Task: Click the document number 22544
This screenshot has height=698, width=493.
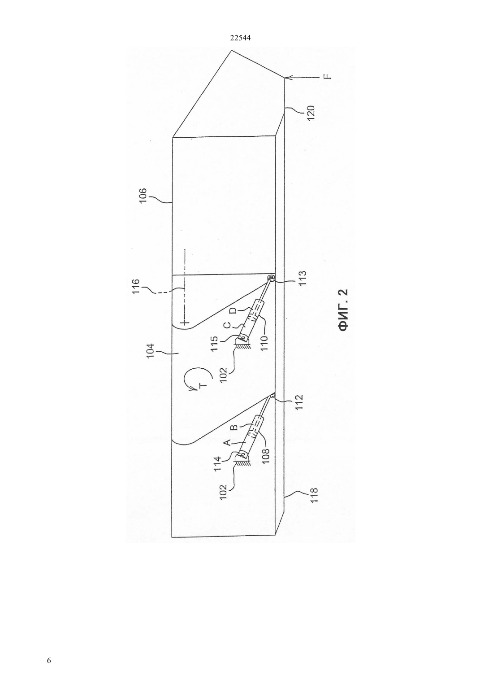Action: coord(240,38)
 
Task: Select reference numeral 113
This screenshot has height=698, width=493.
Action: coord(302,278)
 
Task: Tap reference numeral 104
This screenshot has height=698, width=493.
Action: coord(150,351)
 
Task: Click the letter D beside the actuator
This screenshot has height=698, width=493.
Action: coord(235,311)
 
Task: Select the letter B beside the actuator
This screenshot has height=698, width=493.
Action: coord(235,426)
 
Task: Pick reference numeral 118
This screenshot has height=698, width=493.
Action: coord(314,495)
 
